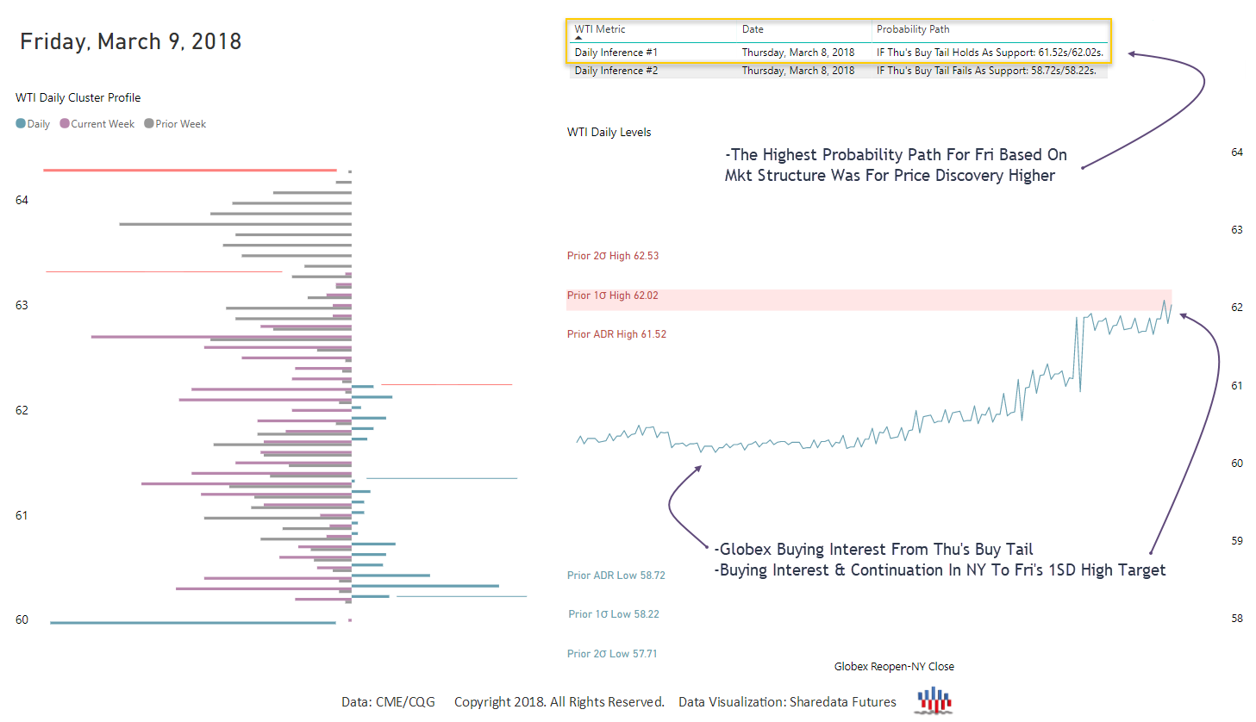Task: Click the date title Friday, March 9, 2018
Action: click(x=130, y=41)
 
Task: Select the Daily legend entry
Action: click(x=34, y=124)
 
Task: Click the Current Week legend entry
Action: click(x=97, y=124)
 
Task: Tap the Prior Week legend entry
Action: click(x=175, y=124)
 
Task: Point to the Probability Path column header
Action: click(x=913, y=29)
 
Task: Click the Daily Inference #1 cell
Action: click(x=616, y=53)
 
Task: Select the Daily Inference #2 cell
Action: click(x=616, y=71)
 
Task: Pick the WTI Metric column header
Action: click(x=600, y=29)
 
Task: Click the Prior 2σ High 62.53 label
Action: click(x=613, y=256)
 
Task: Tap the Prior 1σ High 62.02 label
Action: click(x=612, y=296)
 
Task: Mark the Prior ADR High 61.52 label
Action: click(x=616, y=334)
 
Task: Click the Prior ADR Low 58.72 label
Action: click(x=616, y=576)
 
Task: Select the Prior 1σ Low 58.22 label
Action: click(x=614, y=614)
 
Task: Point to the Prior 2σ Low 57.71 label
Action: click(x=612, y=654)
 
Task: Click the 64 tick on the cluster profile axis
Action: click(x=22, y=200)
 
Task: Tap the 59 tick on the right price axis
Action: click(x=1237, y=541)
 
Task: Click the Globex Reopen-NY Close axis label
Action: click(x=894, y=667)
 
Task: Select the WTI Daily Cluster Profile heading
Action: click(x=78, y=98)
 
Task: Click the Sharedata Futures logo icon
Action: click(x=934, y=700)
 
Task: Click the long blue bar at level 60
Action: click(x=193, y=622)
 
